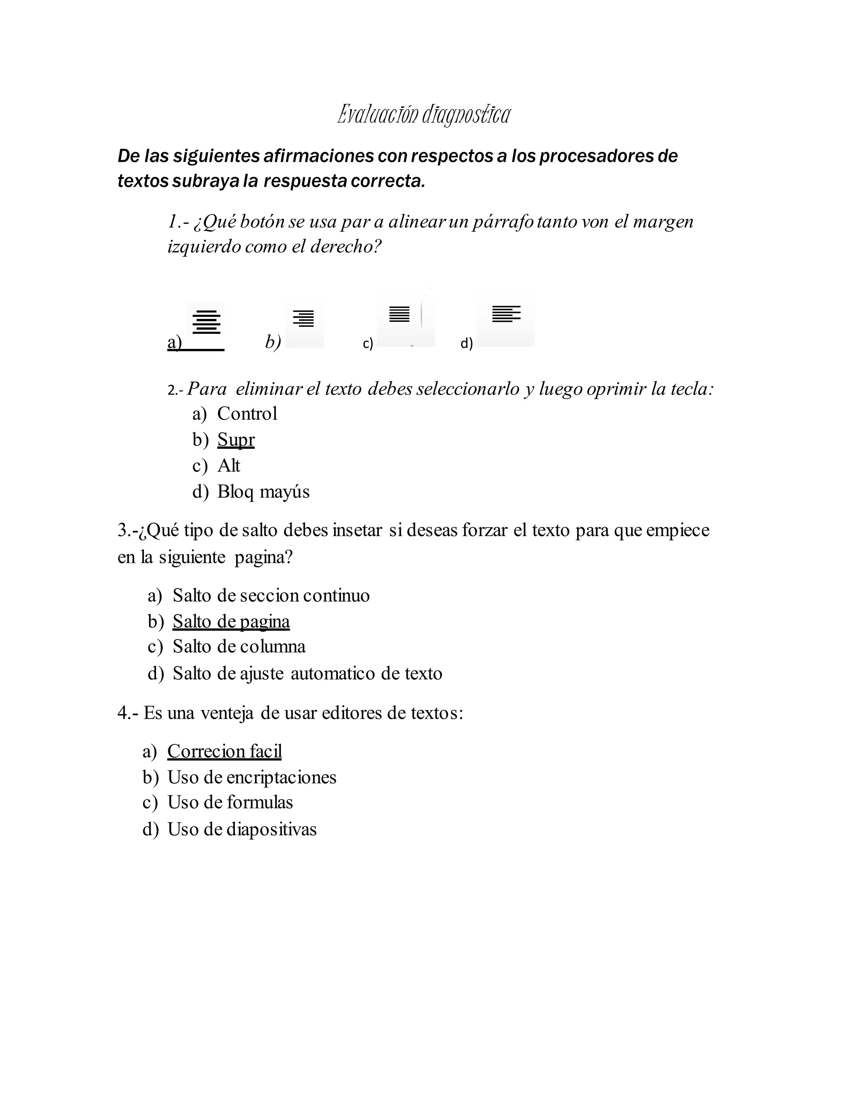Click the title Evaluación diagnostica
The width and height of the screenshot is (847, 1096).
click(x=424, y=115)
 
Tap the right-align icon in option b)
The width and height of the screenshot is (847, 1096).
click(x=304, y=318)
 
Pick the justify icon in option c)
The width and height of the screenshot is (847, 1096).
click(x=400, y=314)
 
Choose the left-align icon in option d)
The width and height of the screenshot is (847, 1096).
click(x=506, y=313)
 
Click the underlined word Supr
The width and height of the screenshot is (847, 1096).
click(x=236, y=440)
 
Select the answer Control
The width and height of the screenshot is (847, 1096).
click(x=247, y=414)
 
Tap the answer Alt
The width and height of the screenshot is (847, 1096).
click(x=229, y=466)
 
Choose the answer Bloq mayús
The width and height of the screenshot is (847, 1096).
click(x=263, y=492)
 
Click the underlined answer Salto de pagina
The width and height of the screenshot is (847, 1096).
click(x=231, y=622)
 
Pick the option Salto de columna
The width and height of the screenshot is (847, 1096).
click(x=239, y=647)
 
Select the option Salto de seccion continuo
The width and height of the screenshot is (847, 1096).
click(x=271, y=596)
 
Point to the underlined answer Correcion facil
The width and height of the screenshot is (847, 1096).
click(x=224, y=751)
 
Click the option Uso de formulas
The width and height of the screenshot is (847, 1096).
click(x=230, y=802)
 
